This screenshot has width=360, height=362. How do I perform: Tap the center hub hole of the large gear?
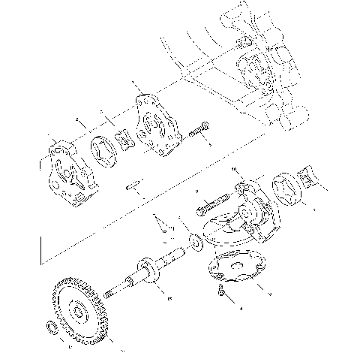76,310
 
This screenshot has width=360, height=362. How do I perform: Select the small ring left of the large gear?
50,327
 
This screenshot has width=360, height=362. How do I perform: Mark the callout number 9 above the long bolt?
197,192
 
